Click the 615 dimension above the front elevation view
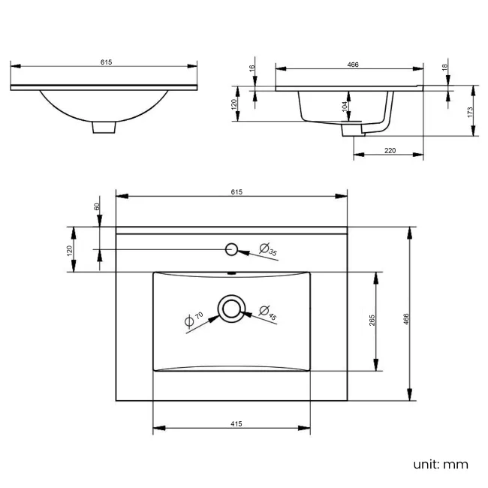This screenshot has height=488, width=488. [106, 63]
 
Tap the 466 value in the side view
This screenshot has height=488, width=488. [353, 65]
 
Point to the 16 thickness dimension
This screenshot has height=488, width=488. [252, 69]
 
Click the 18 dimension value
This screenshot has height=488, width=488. [446, 68]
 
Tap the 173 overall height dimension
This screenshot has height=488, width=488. [470, 111]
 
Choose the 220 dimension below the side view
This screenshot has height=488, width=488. [390, 150]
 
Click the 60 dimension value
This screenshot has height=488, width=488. [97, 206]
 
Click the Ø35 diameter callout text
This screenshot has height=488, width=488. [268, 250]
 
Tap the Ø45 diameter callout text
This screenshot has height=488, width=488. [268, 313]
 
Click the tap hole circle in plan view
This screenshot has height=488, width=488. [232, 249]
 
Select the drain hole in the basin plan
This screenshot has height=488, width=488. [231, 309]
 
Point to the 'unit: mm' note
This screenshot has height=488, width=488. [440, 464]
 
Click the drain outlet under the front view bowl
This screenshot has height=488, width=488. [104, 128]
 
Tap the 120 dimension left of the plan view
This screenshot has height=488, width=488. [70, 249]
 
